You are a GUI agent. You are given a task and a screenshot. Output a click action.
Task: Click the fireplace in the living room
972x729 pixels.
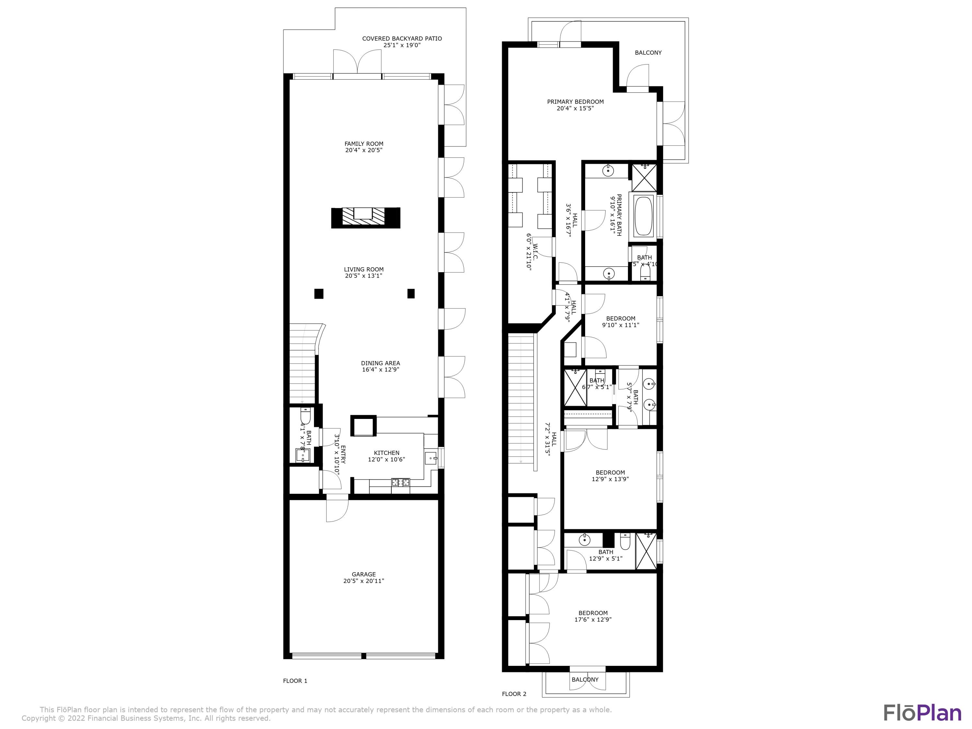click(365, 217)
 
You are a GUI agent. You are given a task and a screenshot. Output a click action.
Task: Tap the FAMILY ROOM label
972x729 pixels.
click(364, 144)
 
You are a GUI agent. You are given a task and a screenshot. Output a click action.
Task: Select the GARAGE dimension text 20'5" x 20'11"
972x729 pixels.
click(364, 581)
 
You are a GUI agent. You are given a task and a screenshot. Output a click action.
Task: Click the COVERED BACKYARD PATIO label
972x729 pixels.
click(402, 39)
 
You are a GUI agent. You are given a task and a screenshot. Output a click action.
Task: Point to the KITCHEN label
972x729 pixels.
click(386, 453)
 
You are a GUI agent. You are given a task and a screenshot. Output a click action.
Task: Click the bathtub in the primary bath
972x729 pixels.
click(644, 216)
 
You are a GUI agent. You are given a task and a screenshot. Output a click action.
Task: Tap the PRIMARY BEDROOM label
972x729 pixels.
click(575, 101)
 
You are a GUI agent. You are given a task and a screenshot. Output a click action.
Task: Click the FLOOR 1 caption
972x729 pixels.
click(295, 681)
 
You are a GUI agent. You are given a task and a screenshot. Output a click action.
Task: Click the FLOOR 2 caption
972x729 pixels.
click(514, 694)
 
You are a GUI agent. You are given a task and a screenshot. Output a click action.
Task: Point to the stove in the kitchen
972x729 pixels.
click(400, 482)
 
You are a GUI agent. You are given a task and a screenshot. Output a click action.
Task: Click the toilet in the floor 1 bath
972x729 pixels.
click(306, 415)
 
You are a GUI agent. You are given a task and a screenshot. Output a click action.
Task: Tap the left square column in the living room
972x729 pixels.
click(318, 294)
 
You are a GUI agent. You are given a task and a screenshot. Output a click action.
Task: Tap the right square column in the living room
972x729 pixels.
click(411, 293)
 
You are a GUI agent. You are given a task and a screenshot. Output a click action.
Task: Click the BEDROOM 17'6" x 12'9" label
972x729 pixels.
click(593, 613)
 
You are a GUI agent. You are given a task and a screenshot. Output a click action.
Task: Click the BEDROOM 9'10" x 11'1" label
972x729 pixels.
click(620, 318)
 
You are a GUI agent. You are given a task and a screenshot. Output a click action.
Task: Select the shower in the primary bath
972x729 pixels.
click(644, 178)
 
